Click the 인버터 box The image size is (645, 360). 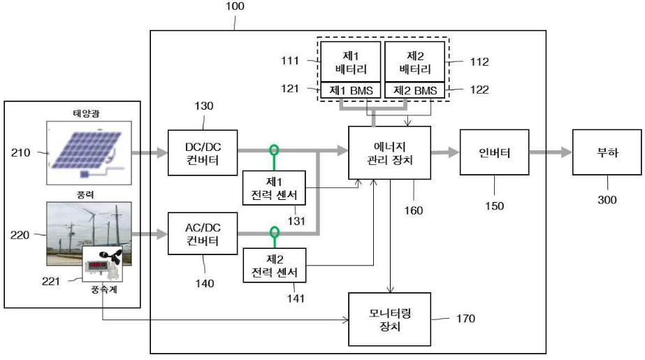(x=494, y=152)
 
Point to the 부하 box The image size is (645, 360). (x=606, y=152)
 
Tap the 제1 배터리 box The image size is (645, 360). (x=351, y=62)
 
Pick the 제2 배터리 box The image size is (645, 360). (x=414, y=62)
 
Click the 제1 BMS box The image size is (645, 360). (x=351, y=90)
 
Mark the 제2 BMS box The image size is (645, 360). (x=414, y=90)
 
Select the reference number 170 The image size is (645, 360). (x=464, y=319)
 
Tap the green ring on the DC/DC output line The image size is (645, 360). (x=275, y=149)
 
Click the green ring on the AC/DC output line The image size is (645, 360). (x=275, y=231)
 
